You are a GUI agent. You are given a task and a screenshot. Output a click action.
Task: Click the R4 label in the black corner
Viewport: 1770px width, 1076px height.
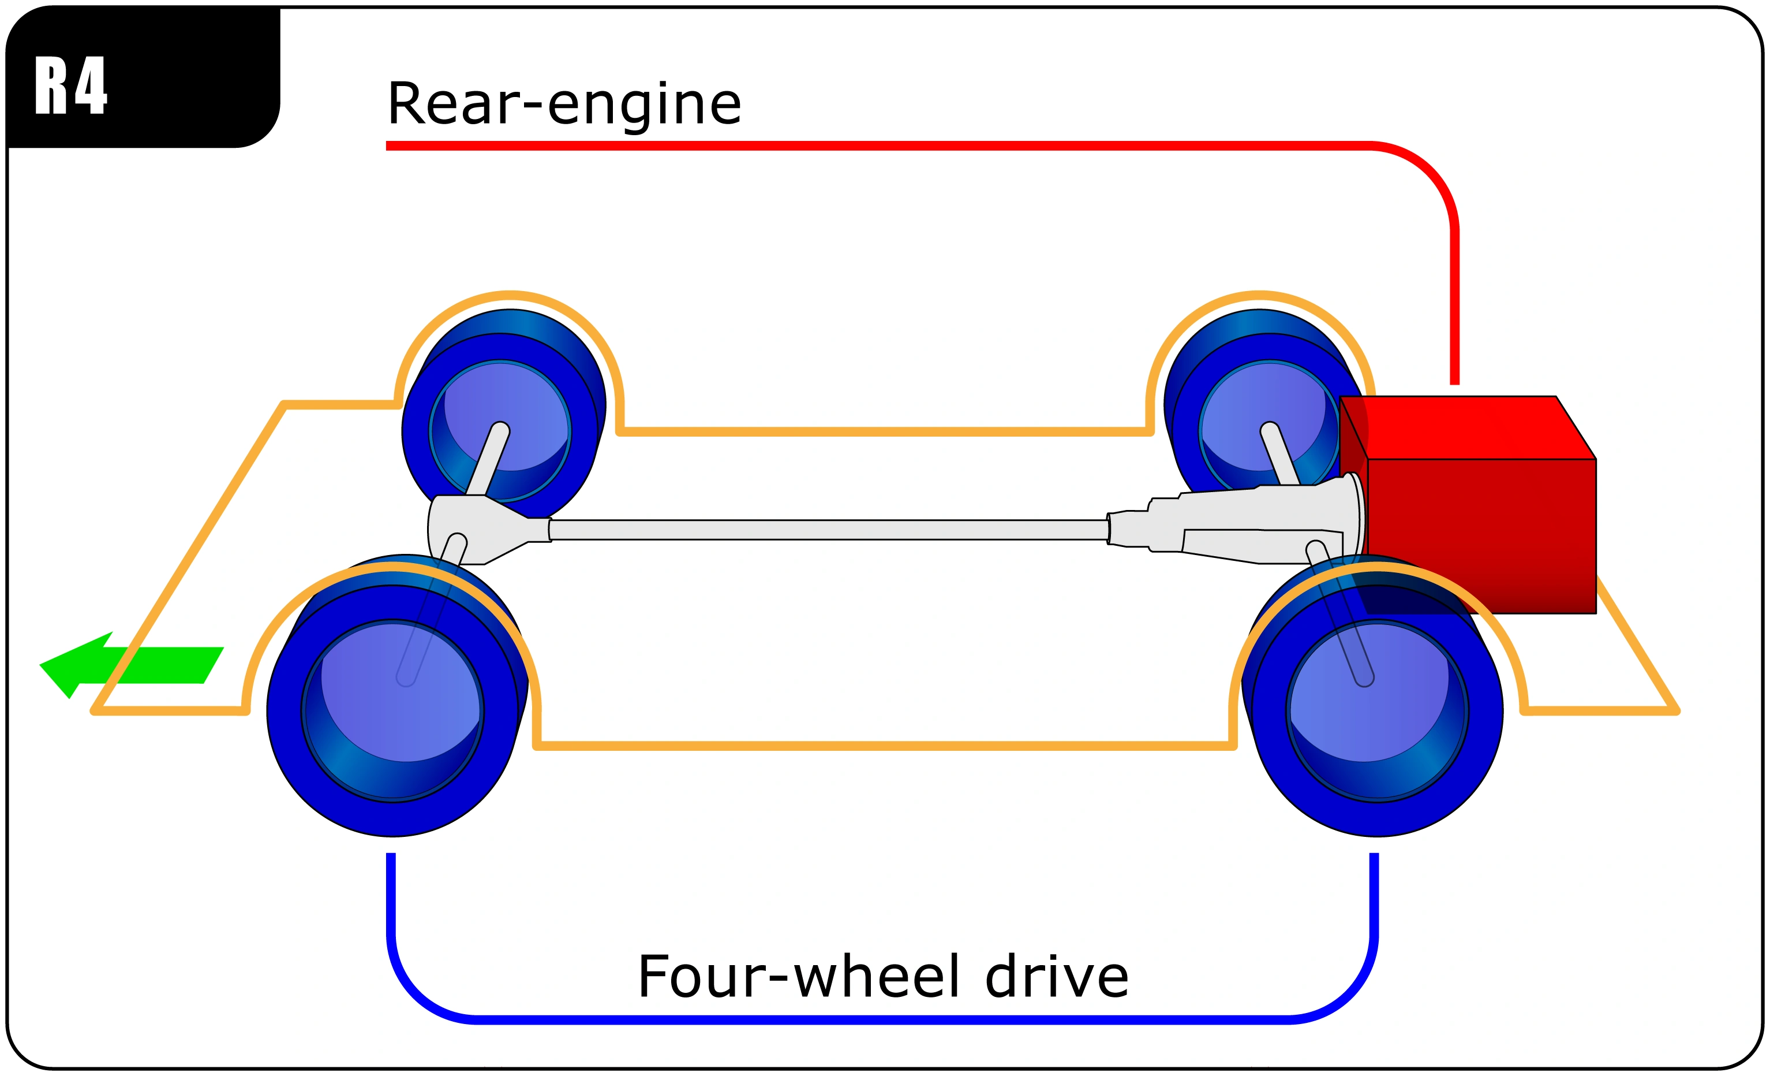tap(70, 85)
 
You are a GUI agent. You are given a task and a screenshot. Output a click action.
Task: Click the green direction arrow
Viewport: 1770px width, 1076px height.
tap(129, 665)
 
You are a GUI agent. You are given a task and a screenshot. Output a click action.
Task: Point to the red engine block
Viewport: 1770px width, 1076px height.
tap(1480, 532)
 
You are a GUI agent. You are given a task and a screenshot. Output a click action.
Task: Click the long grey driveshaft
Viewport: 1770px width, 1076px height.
tap(826, 530)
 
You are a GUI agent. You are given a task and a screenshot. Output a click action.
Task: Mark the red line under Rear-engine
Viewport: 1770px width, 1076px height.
tap(862, 146)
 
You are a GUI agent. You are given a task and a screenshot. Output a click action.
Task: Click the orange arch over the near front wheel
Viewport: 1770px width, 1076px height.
tap(391, 568)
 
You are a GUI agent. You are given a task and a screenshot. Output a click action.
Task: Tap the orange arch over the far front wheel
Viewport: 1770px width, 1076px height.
tap(510, 294)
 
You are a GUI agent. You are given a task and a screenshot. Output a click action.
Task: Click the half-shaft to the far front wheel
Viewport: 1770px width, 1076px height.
tap(488, 460)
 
